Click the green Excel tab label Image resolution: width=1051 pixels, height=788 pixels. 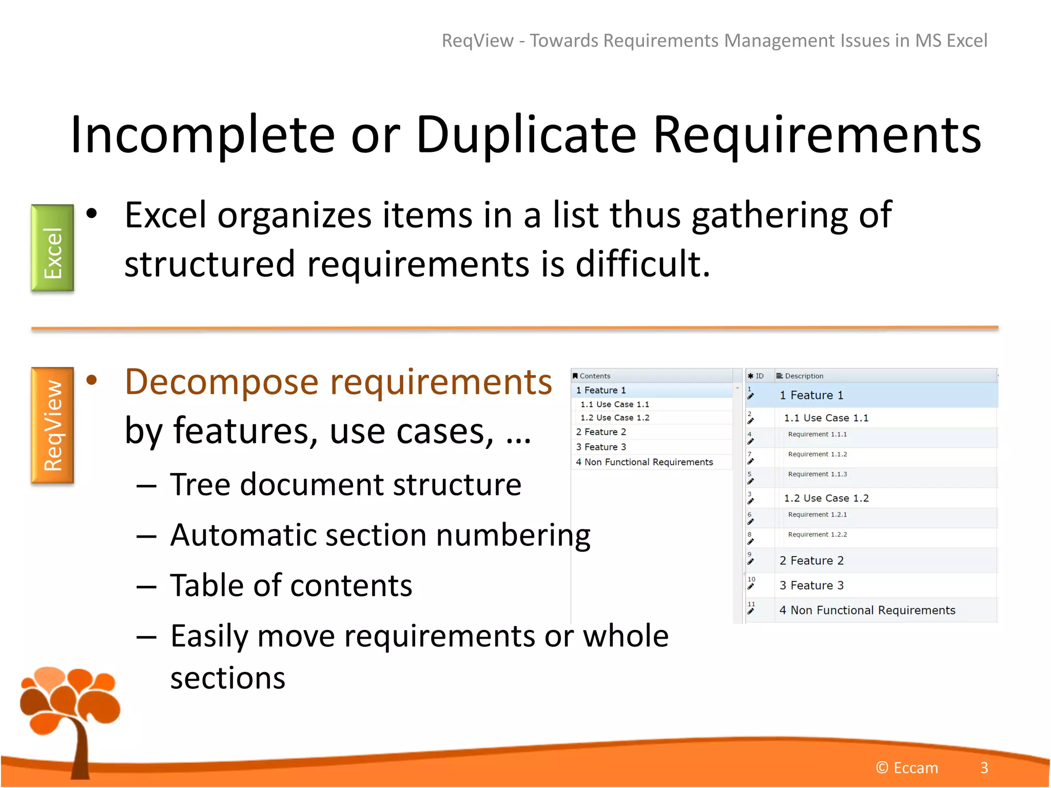(52, 248)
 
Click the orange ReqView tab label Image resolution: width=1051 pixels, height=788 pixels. (52, 425)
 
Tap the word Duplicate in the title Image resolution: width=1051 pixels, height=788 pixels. (526, 134)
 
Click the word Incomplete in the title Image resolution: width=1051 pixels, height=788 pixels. (203, 134)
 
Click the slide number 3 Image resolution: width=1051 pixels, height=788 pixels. (984, 767)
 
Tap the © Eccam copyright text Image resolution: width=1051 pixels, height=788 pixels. (907, 767)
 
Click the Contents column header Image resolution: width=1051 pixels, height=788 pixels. (595, 376)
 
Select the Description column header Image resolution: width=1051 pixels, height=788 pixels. (804, 376)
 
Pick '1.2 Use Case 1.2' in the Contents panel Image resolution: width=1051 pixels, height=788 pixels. (615, 418)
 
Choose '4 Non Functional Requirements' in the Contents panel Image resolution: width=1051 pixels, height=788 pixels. (644, 462)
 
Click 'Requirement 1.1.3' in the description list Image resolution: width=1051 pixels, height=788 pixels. (818, 474)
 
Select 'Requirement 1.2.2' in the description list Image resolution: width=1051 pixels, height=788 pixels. (818, 535)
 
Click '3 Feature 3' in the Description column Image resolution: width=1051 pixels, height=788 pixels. (811, 585)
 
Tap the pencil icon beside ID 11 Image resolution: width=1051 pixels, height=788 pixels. (751, 612)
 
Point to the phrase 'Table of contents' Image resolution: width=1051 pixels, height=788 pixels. (291, 585)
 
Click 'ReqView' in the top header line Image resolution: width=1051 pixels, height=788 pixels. (477, 41)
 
